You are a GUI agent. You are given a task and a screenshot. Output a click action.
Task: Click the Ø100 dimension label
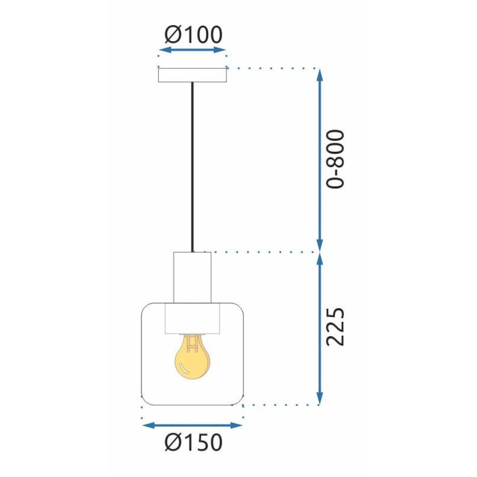[x=193, y=35]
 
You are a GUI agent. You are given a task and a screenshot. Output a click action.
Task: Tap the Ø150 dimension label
[x=193, y=442]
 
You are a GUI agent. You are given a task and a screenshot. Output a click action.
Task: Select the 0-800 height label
[x=335, y=159]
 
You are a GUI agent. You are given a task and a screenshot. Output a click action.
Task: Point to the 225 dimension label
[x=335, y=327]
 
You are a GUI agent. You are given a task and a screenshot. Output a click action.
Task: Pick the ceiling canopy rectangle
[x=192, y=75]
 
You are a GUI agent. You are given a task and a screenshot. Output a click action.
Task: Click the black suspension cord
[x=192, y=167]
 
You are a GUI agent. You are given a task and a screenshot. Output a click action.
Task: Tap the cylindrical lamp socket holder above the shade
[x=192, y=277]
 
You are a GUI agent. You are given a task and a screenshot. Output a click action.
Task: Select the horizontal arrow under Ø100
[x=192, y=50]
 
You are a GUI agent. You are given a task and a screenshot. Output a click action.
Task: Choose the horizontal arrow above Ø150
[x=192, y=425]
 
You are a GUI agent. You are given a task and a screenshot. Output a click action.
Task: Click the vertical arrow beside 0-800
[x=319, y=160]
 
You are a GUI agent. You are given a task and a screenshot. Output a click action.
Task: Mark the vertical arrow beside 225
[x=319, y=329]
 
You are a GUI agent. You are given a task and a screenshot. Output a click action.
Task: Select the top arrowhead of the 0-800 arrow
[x=319, y=75]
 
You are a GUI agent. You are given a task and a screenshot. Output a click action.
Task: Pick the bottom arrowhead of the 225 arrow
[x=319, y=399]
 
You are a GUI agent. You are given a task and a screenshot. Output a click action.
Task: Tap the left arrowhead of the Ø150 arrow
[x=148, y=425]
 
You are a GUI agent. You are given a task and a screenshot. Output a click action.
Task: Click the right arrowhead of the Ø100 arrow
[x=220, y=50]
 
